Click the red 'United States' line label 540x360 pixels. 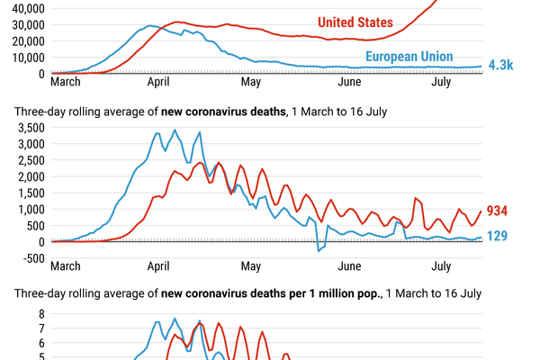click(355, 22)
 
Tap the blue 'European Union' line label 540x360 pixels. click(409, 57)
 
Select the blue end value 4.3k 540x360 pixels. click(500, 65)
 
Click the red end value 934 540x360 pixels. click(497, 211)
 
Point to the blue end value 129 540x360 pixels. click(497, 236)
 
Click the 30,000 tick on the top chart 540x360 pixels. click(28, 25)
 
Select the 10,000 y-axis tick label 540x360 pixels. click(28, 58)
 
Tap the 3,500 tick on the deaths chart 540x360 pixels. click(31, 128)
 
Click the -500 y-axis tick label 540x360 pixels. click(34, 258)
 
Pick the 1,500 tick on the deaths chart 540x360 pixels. click(31, 193)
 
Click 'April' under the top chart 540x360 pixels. click(158, 82)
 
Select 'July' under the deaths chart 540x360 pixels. click(441, 266)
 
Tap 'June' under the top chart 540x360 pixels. click(349, 82)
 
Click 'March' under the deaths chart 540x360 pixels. click(66, 266)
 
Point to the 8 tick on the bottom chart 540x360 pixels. click(41, 314)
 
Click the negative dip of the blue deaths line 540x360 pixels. click(319, 251)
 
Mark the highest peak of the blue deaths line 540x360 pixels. click(175, 130)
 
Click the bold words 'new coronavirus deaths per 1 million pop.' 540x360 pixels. click(271, 293)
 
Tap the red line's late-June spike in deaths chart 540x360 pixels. click(415, 198)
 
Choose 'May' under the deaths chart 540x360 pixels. click(251, 266)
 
